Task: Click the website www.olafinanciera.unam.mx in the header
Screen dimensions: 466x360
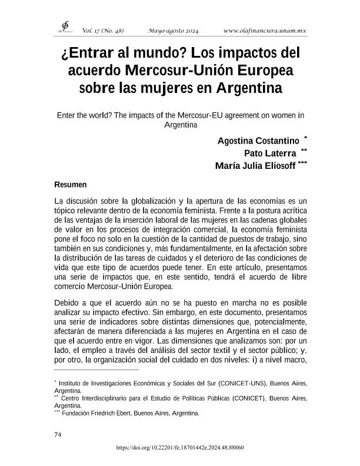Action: click(x=265, y=30)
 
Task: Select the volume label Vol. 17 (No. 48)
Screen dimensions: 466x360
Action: click(x=103, y=30)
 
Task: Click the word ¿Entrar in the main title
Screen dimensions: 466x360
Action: click(x=86, y=54)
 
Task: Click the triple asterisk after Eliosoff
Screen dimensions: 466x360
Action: click(x=302, y=163)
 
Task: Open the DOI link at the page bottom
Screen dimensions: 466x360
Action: click(x=180, y=448)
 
